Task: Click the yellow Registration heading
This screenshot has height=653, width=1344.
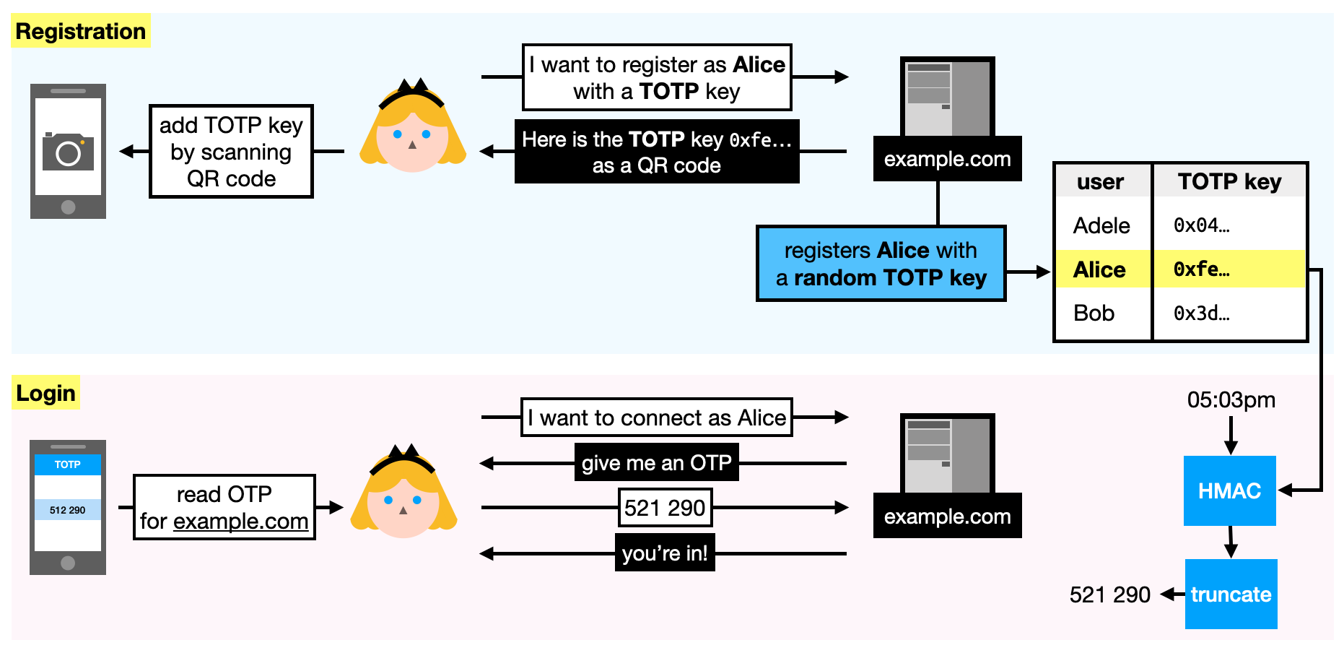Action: pyautogui.click(x=81, y=31)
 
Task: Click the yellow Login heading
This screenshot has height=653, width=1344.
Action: pyautogui.click(x=45, y=393)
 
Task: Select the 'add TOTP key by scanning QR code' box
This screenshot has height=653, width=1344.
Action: pyautogui.click(x=231, y=152)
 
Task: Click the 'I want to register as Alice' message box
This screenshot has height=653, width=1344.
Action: pyautogui.click(x=657, y=77)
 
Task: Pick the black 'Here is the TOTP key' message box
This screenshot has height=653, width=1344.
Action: pyautogui.click(x=657, y=152)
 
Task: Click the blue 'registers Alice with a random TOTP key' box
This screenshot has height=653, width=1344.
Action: pyautogui.click(x=881, y=264)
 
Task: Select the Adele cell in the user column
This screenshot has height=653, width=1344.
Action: pyautogui.click(x=1101, y=225)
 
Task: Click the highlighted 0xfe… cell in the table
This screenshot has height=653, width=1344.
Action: pyautogui.click(x=1229, y=269)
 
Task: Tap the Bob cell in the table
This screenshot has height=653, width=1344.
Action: pyautogui.click(x=1094, y=313)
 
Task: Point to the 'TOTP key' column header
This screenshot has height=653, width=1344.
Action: pyautogui.click(x=1229, y=181)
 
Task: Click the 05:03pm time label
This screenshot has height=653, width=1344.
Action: pyautogui.click(x=1231, y=399)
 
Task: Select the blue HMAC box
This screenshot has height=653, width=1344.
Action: pyautogui.click(x=1229, y=491)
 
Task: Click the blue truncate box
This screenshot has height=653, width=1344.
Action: pyautogui.click(x=1231, y=594)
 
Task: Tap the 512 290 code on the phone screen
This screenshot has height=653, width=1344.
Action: pyautogui.click(x=68, y=510)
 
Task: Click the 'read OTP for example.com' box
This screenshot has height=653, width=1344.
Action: pyautogui.click(x=224, y=507)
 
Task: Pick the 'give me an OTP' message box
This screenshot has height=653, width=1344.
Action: pyautogui.click(x=657, y=462)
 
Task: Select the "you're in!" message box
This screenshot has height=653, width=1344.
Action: pyautogui.click(x=665, y=553)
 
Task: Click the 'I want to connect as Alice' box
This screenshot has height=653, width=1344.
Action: pyautogui.click(x=657, y=418)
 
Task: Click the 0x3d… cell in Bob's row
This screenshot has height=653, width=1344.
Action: pyautogui.click(x=1202, y=313)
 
